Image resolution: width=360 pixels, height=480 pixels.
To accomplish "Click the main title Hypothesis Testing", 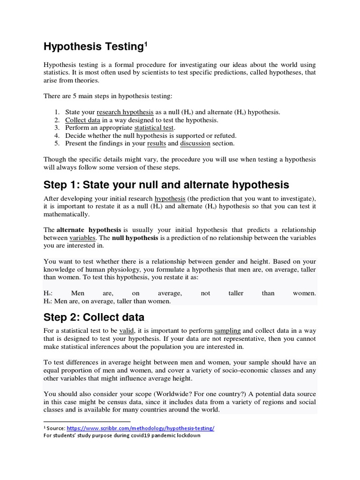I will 92,46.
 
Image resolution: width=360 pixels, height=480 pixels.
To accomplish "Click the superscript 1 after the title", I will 146,44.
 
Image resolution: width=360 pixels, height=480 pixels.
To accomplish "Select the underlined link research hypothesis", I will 125,112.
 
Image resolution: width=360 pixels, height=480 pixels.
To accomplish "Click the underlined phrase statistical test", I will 154,127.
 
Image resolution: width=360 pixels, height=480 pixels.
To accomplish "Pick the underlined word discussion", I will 195,143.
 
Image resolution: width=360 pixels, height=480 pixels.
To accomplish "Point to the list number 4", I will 57,135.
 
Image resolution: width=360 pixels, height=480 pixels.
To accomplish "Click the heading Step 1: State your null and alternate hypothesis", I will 166,184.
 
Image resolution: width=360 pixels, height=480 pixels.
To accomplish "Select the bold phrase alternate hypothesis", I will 89,230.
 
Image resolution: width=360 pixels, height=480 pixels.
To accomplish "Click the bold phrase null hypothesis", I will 135,238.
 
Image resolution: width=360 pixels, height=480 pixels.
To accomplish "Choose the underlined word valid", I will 127,330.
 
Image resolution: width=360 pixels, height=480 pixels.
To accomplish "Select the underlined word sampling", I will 227,330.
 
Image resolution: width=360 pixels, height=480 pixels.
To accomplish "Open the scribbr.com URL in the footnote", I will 141,428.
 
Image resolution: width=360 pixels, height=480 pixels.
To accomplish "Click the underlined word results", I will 156,143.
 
